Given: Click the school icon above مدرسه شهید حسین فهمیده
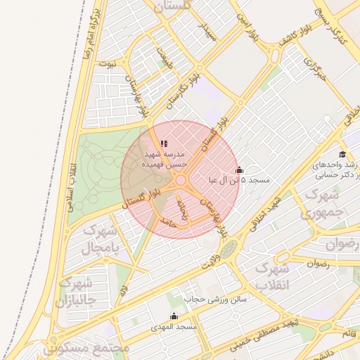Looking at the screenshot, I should click(165, 143).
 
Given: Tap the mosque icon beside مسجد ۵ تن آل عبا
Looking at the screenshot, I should click(239, 169).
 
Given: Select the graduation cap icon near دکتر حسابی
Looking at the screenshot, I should click(342, 155).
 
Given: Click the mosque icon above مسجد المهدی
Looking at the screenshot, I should click(174, 316).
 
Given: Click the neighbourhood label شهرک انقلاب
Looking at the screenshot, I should click(271, 277).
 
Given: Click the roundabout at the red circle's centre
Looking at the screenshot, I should click(180, 181).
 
